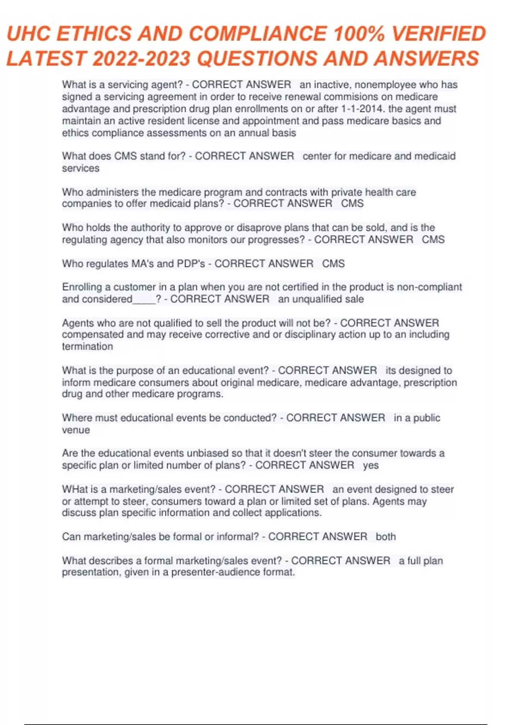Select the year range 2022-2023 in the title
(x=141, y=58)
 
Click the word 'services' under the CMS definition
(x=81, y=168)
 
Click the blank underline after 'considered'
(x=144, y=300)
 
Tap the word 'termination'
(x=87, y=346)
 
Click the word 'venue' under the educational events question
(x=76, y=430)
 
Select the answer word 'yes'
(x=371, y=465)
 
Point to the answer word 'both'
(x=386, y=536)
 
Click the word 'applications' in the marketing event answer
(x=293, y=512)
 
